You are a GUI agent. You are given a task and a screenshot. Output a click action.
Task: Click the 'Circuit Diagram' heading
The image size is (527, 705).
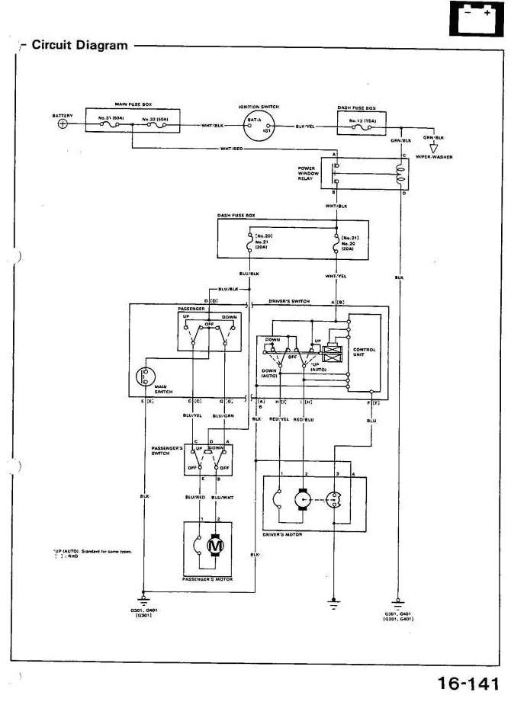coord(79,45)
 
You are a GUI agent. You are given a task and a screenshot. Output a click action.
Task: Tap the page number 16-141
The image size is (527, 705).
coord(468,684)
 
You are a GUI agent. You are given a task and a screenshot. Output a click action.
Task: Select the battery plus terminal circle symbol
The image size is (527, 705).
coord(63,124)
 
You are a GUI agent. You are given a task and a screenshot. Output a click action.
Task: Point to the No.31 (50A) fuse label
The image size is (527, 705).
coord(109,120)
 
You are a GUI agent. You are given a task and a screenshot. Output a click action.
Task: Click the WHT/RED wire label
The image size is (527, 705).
coord(232,149)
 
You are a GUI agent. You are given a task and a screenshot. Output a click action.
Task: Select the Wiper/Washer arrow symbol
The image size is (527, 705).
coord(434,146)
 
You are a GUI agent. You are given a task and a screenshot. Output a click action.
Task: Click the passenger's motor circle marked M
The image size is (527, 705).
coord(214,546)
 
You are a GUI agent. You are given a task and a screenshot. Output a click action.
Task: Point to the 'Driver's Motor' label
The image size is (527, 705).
coord(282,534)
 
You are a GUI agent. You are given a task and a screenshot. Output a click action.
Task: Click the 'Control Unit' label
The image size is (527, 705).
coord(365,352)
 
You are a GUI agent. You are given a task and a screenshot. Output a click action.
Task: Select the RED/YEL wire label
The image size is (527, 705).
coord(280,419)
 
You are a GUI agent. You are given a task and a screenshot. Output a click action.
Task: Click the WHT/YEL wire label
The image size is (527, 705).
coord(336,276)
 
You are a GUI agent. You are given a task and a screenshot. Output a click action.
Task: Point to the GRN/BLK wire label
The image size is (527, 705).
coord(401,140)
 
